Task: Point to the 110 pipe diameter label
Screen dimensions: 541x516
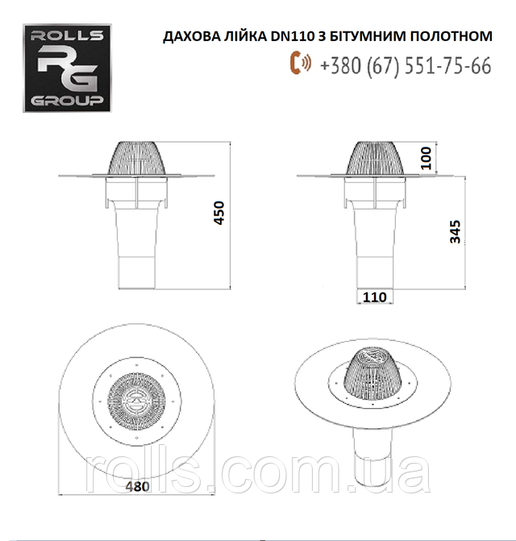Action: pyautogui.click(x=374, y=297)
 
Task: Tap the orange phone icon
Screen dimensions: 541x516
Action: pyautogui.click(x=300, y=64)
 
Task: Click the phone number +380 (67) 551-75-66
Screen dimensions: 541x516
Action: pyautogui.click(x=405, y=65)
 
